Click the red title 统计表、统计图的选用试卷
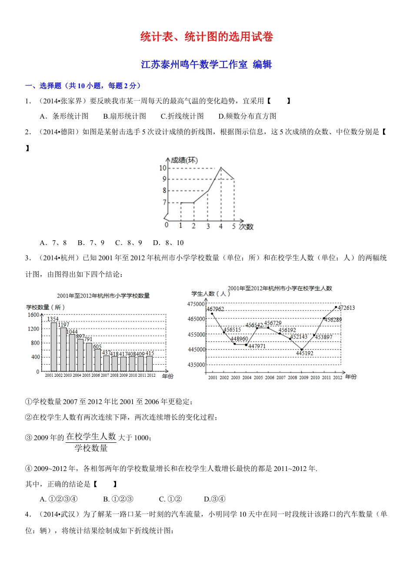pyautogui.click(x=206, y=37)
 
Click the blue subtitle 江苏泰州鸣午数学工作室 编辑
pyautogui.click(x=206, y=65)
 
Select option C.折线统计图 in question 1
pyautogui.click(x=182, y=116)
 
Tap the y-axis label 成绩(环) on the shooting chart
pyautogui.click(x=184, y=160)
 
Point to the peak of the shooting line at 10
pyautogui.click(x=221, y=167)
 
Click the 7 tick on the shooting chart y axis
pyautogui.click(x=164, y=202)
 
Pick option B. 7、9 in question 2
pyautogui.click(x=91, y=242)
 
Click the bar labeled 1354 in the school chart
pyautogui.click(x=54, y=346)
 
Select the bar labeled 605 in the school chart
pyautogui.click(x=97, y=360)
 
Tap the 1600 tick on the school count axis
pyautogui.click(x=33, y=315)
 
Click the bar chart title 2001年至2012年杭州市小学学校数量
pyautogui.click(x=103, y=296)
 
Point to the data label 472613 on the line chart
pyautogui.click(x=346, y=308)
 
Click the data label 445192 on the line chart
pyautogui.click(x=304, y=353)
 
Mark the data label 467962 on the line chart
pyautogui.click(x=215, y=309)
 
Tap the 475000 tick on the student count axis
pyautogui.click(x=196, y=304)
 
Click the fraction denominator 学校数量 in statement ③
pyautogui.click(x=91, y=448)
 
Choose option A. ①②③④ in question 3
pyautogui.click(x=59, y=499)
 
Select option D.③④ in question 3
pyautogui.click(x=214, y=499)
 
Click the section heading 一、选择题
pyautogui.click(x=43, y=86)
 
